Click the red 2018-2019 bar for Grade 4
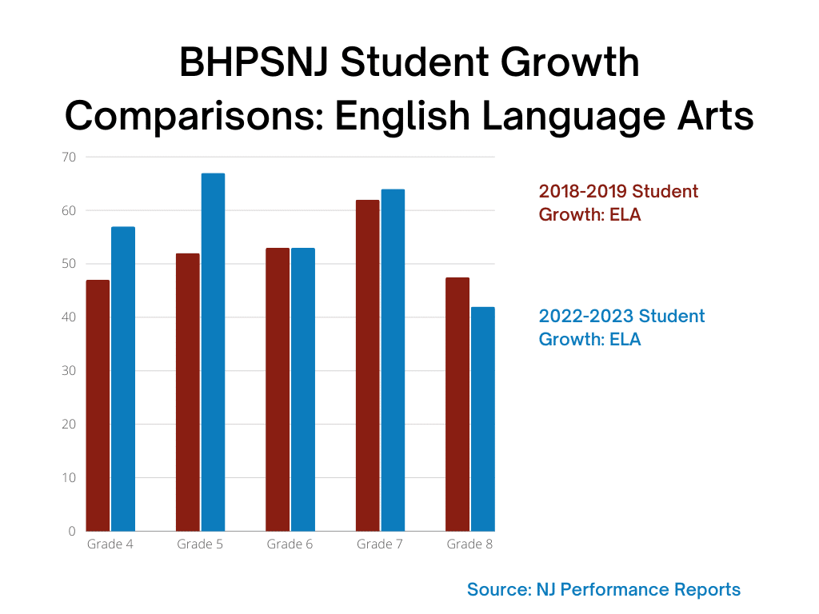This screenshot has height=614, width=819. point(98,405)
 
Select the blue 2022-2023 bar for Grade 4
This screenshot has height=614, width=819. point(123,379)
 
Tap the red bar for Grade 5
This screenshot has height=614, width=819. point(187,392)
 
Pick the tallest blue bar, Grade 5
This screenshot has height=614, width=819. point(213,352)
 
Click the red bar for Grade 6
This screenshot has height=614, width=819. point(278,389)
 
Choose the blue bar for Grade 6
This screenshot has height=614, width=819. point(303,389)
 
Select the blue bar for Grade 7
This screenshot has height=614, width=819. point(393,360)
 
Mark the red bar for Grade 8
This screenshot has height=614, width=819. point(457,404)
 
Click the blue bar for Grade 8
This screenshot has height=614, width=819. point(482,419)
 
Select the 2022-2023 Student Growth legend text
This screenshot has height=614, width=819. point(621,327)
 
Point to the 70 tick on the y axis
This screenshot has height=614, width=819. point(69,157)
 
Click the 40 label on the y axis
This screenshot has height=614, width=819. point(69,317)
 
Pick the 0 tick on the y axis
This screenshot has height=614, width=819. point(72,531)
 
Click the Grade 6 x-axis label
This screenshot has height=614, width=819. point(290,544)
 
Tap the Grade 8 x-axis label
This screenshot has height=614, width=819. point(469,544)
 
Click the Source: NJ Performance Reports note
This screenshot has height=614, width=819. point(604,590)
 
